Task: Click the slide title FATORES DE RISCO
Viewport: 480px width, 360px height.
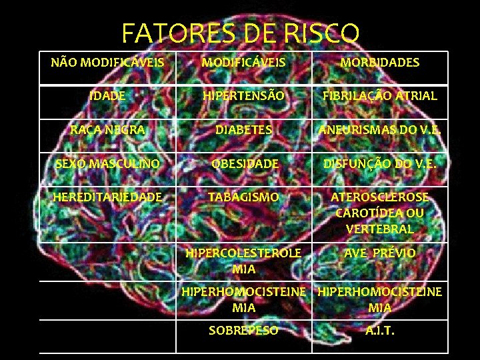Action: (241, 33)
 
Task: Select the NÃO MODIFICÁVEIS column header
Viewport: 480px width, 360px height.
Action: (107, 63)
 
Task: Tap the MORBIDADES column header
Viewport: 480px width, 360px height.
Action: (380, 63)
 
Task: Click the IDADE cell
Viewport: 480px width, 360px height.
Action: (107, 96)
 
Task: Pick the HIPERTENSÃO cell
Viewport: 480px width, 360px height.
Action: (244, 96)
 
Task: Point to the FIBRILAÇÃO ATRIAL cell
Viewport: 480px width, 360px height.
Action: (380, 96)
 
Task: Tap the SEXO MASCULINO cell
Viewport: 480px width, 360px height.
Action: (107, 163)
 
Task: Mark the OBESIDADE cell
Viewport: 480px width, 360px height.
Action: (244, 163)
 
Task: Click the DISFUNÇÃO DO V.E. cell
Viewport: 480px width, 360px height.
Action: (380, 163)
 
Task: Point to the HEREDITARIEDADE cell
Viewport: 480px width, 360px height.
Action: (107, 197)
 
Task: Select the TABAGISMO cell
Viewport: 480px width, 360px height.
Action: (244, 197)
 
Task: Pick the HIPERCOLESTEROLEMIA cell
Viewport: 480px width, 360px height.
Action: (244, 261)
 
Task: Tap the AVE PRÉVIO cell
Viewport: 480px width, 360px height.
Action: (380, 253)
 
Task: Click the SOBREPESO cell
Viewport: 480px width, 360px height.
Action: (244, 330)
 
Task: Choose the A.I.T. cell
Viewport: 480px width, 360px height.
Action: (380, 330)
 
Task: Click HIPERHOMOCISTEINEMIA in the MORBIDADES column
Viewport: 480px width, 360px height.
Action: (380, 299)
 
